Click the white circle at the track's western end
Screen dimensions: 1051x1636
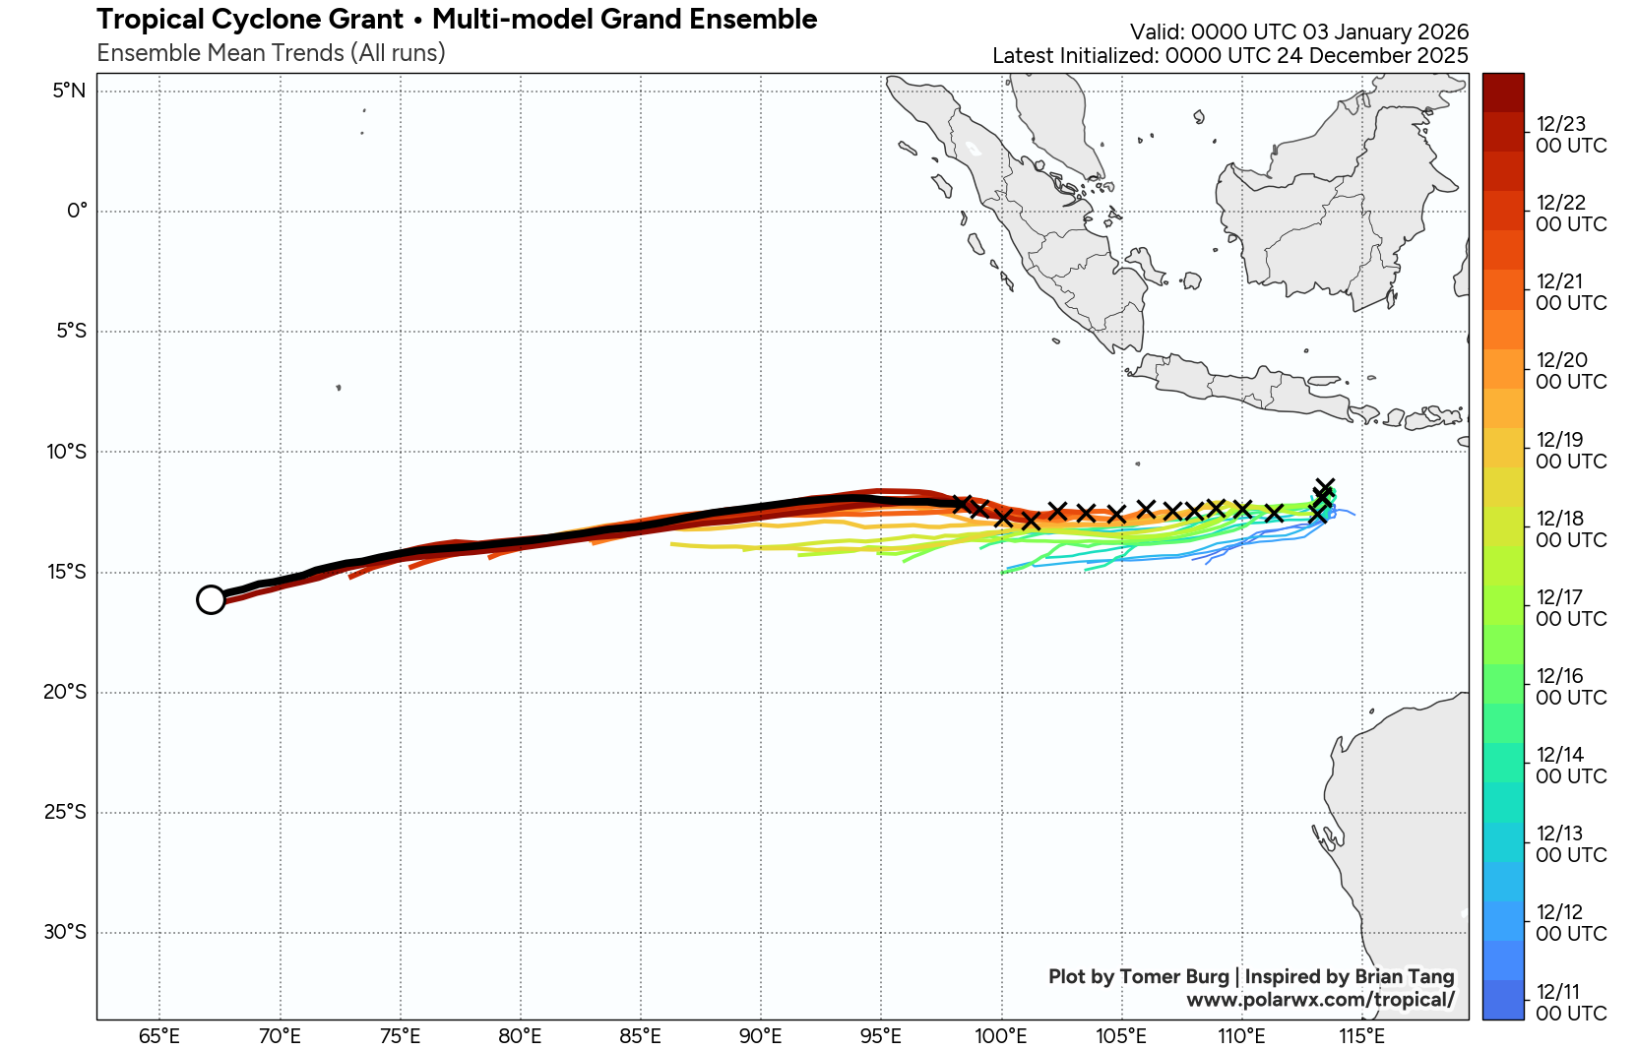pos(211,599)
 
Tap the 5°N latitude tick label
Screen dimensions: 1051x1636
pos(69,92)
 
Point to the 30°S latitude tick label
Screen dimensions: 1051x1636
pos(65,932)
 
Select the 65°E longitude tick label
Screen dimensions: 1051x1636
pos(159,1036)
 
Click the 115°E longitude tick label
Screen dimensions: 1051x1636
pos(1362,1036)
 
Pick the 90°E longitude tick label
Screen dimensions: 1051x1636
pos(761,1036)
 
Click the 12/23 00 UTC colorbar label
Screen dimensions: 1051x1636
pos(1571,135)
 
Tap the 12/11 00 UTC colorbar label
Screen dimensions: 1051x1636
pos(1571,1003)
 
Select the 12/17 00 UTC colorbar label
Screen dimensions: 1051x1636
pos(1571,608)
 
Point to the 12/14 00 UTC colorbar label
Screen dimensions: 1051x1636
pos(1571,766)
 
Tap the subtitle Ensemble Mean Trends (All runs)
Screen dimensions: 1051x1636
pos(271,53)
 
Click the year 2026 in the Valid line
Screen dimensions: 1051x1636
pos(1442,31)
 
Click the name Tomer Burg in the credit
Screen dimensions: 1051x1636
pos(1174,977)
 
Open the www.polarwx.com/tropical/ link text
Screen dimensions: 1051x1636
pos(1320,1001)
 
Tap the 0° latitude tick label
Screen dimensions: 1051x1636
pos(77,212)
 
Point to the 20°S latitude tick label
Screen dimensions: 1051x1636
pos(65,692)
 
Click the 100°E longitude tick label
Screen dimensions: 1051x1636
pos(1001,1036)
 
